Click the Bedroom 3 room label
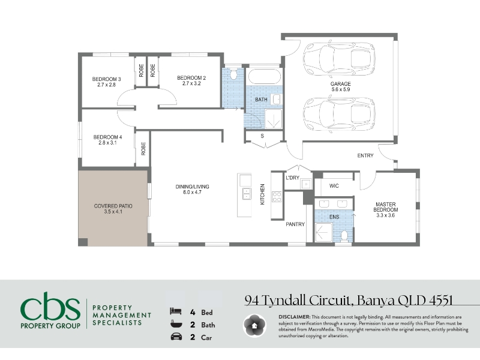pyautogui.click(x=107, y=79)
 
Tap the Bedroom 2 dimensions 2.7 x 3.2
pyautogui.click(x=191, y=83)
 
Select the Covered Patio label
pyautogui.click(x=113, y=206)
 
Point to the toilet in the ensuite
pyautogui.click(x=344, y=236)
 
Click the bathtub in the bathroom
pyautogui.click(x=265, y=76)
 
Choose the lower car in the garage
pyautogui.click(x=340, y=114)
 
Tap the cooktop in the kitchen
pyautogui.click(x=277, y=197)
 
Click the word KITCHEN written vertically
pyautogui.click(x=262, y=194)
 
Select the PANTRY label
pyautogui.click(x=295, y=224)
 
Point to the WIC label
pyautogui.click(x=334, y=186)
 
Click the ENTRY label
pyautogui.click(x=365, y=155)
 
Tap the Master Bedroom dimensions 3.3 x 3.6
pyautogui.click(x=385, y=215)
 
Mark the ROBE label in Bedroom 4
pyautogui.click(x=143, y=149)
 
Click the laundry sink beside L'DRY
pyautogui.click(x=306, y=184)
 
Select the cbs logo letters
pyautogui.click(x=50, y=306)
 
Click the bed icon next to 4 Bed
pyautogui.click(x=176, y=311)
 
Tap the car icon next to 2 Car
pyautogui.click(x=176, y=337)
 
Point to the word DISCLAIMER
pyautogui.click(x=294, y=317)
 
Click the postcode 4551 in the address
pyautogui.click(x=441, y=301)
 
